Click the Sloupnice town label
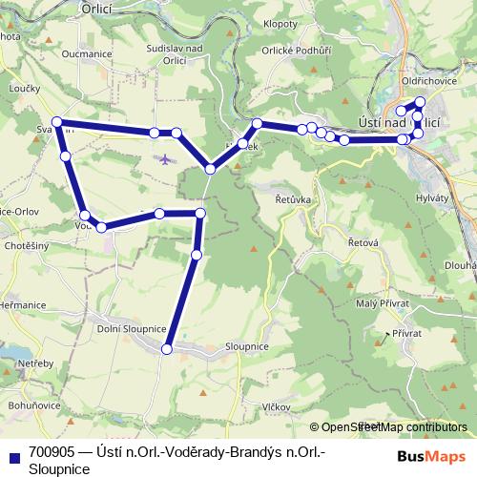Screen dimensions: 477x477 tap(246, 346)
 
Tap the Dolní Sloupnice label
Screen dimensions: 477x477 tap(133, 328)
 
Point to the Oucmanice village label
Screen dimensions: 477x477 tap(84, 55)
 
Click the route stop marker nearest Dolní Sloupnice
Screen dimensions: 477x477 tap(167, 350)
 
